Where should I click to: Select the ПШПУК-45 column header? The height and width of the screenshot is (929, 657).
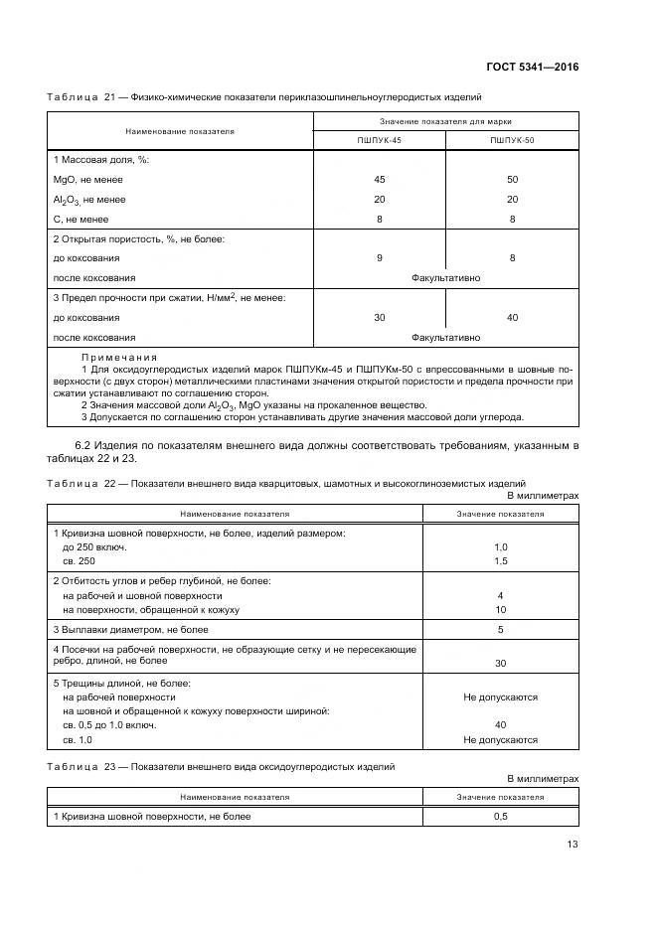pos(379,141)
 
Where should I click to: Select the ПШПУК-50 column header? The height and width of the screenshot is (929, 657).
pos(512,141)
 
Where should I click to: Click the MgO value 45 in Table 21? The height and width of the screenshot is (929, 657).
pos(379,180)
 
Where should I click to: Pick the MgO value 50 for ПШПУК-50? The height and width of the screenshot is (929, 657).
pos(512,180)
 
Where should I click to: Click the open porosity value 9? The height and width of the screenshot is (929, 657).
pos(379,258)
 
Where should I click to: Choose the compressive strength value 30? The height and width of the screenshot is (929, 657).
pos(379,318)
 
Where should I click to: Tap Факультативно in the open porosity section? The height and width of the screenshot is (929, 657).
pos(445,278)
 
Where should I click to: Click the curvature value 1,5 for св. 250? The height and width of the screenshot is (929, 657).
pos(500,561)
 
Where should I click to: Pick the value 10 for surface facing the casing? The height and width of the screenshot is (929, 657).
pos(500,609)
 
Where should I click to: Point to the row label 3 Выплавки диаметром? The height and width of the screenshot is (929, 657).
pos(130,630)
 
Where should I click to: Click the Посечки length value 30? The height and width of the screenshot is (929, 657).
pos(500,663)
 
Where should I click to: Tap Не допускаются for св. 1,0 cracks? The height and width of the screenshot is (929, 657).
pos(500,740)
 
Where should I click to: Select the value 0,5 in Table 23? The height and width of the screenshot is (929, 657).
pos(500,817)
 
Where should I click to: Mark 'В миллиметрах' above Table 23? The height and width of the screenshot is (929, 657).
pos(543,780)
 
